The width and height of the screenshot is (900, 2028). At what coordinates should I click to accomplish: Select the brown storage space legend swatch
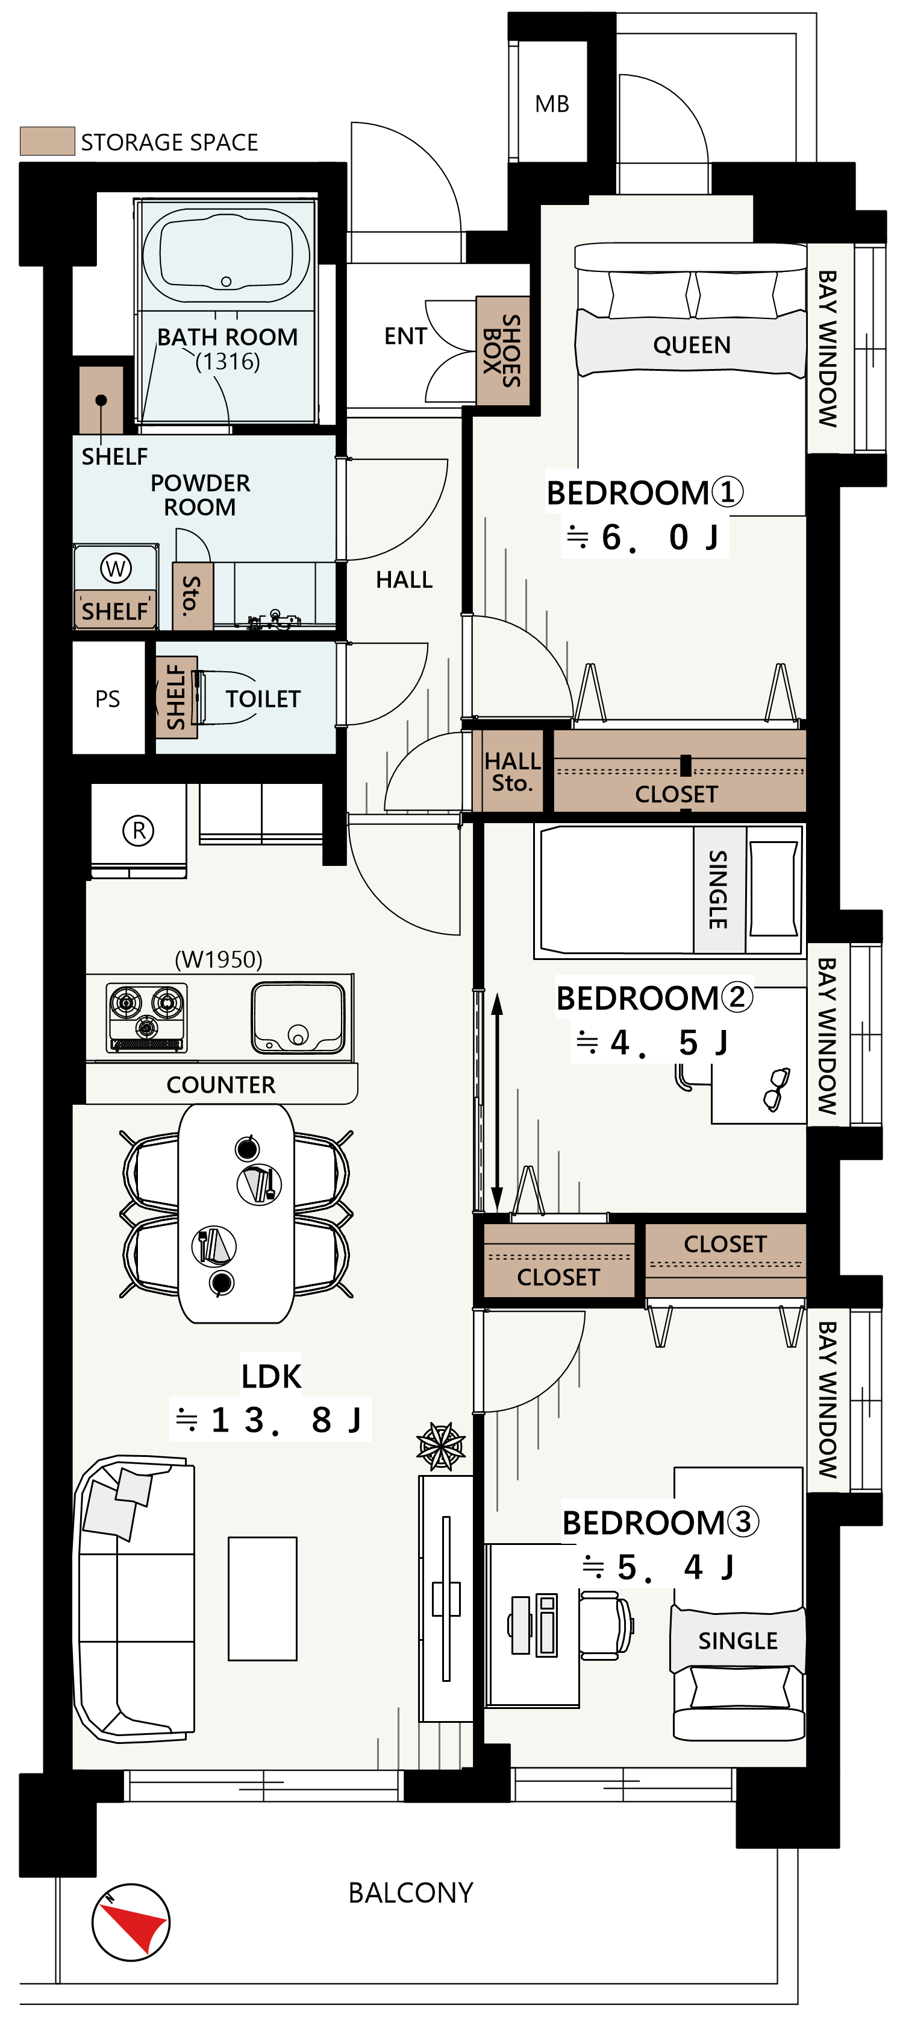[x=47, y=141]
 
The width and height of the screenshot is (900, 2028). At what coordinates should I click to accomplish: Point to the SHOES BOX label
[x=502, y=350]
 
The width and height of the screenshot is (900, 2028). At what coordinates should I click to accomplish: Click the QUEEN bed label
[x=692, y=345]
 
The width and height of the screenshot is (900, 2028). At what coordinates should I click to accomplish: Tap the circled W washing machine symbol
[x=116, y=567]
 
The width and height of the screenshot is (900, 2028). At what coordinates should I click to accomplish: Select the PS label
[x=108, y=698]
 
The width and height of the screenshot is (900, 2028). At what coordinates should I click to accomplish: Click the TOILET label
[x=263, y=698]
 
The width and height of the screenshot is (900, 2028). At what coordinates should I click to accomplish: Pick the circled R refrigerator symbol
[x=139, y=830]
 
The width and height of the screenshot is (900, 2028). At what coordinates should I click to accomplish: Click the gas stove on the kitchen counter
[x=147, y=1017]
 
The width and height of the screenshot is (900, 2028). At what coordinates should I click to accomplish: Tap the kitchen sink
[x=298, y=1018]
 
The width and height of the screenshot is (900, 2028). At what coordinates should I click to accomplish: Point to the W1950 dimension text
[x=219, y=959]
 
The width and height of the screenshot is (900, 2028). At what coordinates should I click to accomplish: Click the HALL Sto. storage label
[x=512, y=771]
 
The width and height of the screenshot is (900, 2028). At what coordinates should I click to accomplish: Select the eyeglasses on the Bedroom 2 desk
[x=777, y=1089]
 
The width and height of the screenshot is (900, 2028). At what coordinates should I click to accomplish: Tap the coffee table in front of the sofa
[x=263, y=1598]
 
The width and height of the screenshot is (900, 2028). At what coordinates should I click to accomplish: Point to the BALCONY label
[x=411, y=1892]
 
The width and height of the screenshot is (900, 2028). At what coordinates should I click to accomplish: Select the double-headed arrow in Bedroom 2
[x=497, y=1102]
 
